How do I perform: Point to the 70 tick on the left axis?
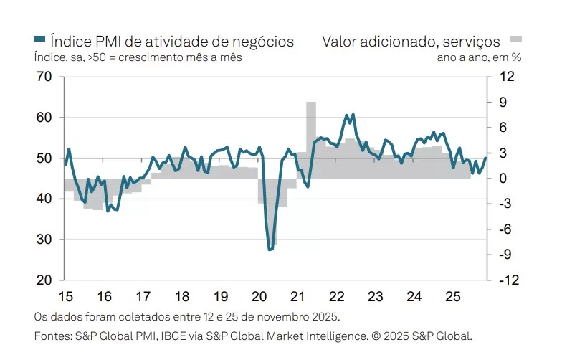pos(44,77)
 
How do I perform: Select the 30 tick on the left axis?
pos(44,240)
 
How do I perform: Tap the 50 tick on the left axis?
pos(44,158)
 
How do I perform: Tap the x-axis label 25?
pos(452,295)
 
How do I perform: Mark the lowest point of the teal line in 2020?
pos(270,250)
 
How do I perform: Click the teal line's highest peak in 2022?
pos(347,115)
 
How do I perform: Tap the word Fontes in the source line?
pos(50,335)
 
